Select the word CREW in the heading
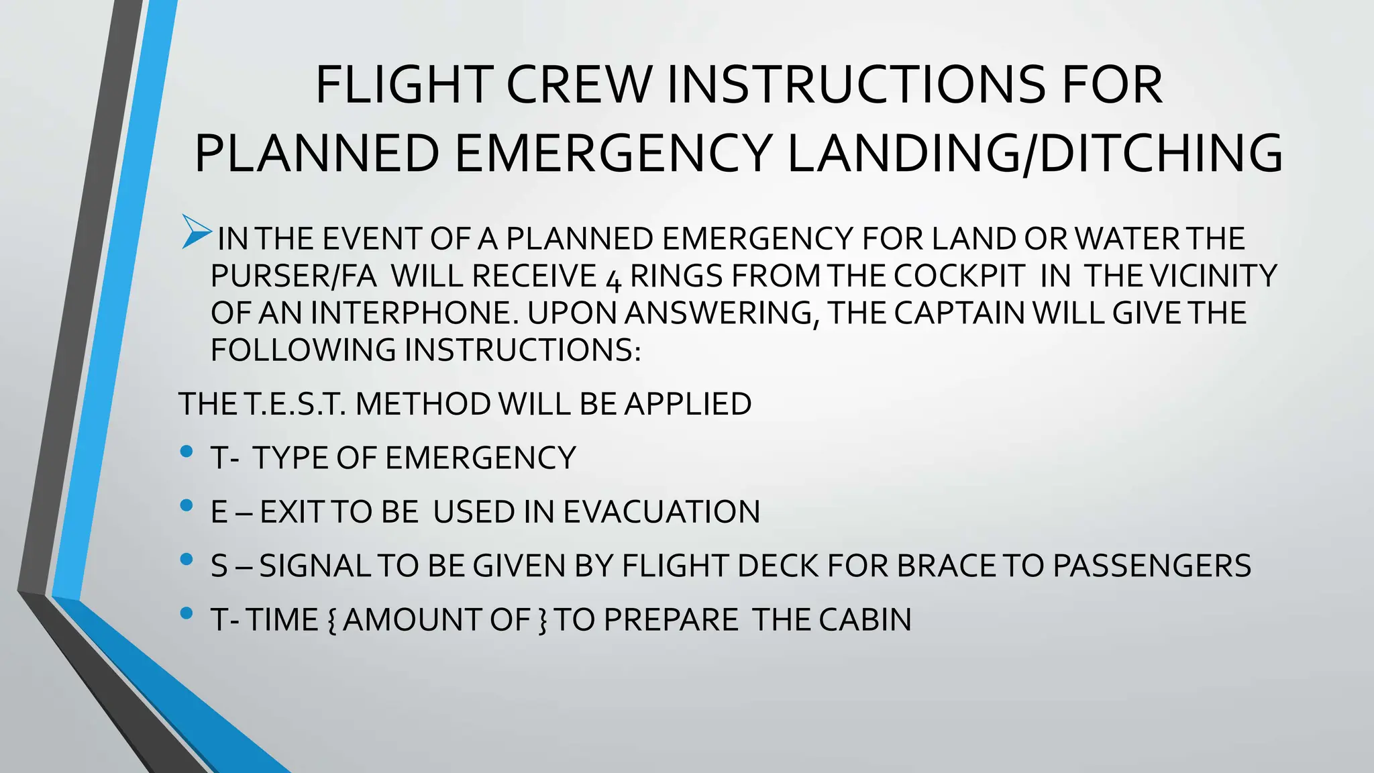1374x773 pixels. tap(578, 85)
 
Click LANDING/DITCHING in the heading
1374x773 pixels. tap(1034, 153)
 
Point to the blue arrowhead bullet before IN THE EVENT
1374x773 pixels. tap(197, 231)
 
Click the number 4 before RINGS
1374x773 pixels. tap(613, 278)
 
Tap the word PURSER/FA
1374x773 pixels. tap(293, 276)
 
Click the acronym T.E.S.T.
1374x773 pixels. tap(294, 404)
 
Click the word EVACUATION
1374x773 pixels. tap(662, 512)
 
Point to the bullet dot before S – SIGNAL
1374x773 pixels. tap(187, 560)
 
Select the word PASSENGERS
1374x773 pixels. tap(1151, 566)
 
